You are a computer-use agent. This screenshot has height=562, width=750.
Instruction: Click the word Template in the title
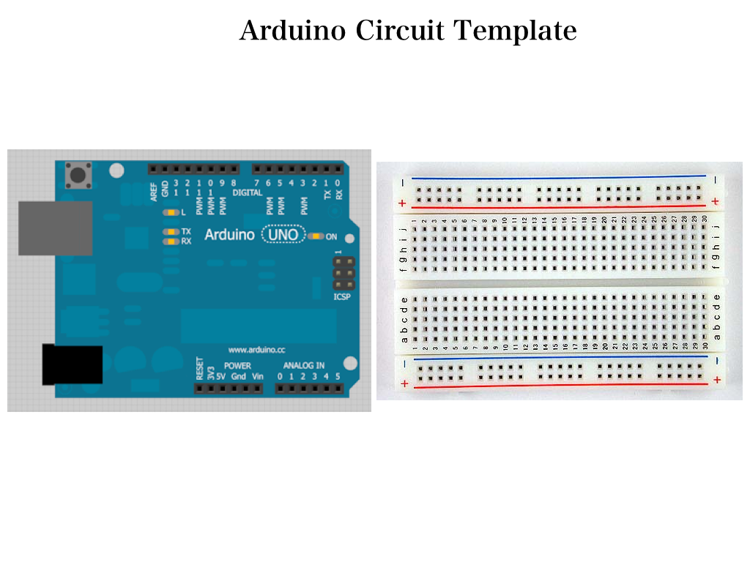[x=515, y=31]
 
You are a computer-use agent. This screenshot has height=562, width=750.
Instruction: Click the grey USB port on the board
[x=55, y=228]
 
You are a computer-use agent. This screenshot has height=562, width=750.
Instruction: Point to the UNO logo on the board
[x=283, y=234]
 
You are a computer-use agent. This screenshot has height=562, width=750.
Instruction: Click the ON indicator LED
[x=316, y=236]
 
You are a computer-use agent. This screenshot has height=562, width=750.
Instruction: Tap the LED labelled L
[x=171, y=212]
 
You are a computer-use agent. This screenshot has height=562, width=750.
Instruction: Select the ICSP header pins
[x=344, y=273]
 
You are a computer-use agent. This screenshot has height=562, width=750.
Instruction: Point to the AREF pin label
[x=154, y=192]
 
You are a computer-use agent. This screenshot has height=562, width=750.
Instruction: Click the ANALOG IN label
[x=304, y=365]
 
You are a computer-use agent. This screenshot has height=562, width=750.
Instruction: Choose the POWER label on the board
[x=237, y=365]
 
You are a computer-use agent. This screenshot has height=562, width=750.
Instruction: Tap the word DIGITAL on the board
[x=247, y=192]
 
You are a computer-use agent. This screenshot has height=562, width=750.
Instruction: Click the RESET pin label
[x=199, y=368]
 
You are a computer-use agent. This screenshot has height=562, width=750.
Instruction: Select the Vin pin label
[x=257, y=376]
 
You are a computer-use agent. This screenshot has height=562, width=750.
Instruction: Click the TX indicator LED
[x=171, y=231]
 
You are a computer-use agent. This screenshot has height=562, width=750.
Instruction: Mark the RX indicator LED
[x=171, y=241]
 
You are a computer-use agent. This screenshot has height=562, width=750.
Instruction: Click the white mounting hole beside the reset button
[x=116, y=171]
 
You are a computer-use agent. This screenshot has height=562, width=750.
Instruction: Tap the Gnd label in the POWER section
[x=239, y=376]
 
